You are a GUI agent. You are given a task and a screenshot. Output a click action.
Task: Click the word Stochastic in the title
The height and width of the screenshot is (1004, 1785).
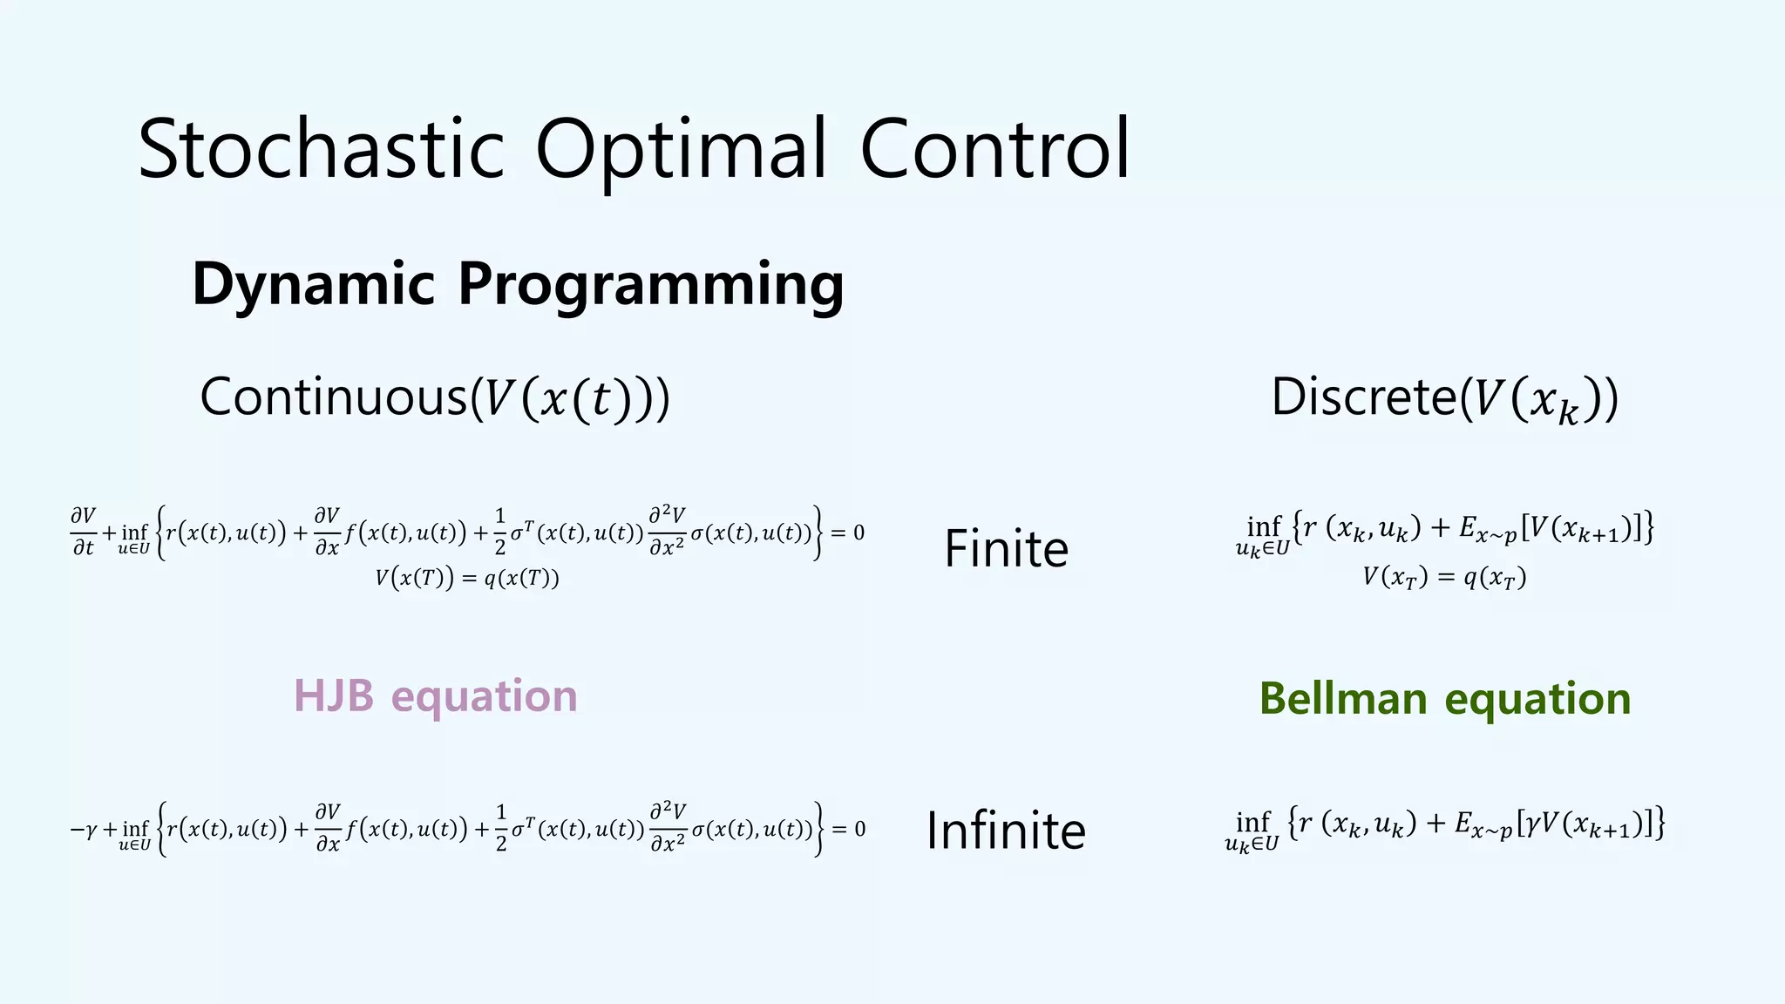point(321,149)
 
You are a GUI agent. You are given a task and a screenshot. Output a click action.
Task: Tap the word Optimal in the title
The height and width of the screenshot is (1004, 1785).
point(680,149)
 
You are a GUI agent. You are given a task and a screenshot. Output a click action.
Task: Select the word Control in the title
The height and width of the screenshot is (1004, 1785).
point(994,149)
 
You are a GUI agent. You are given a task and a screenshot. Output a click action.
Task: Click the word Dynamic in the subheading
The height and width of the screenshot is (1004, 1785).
point(313,284)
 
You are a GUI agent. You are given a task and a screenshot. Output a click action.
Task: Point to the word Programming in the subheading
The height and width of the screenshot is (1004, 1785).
point(650,284)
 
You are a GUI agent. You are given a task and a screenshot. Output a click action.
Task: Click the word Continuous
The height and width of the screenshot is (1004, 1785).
point(334,397)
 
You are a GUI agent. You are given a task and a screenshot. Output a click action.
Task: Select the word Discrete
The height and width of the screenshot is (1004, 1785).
point(1363,397)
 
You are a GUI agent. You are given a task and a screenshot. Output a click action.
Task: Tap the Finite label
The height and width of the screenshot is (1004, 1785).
point(1006,548)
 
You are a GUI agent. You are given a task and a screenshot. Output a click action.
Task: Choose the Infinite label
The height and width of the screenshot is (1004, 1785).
point(1006,830)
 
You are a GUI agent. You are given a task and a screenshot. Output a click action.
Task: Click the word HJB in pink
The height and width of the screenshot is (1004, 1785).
point(334,695)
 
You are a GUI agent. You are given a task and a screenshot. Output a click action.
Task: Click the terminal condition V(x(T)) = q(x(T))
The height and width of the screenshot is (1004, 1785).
point(467,578)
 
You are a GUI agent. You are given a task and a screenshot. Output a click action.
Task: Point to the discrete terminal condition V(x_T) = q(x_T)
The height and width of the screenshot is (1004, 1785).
point(1444,578)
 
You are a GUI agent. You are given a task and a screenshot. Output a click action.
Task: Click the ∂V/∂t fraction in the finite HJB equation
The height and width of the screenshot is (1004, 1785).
point(84,532)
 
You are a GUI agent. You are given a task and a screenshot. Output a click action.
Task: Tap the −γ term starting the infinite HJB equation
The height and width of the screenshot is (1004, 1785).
point(84,829)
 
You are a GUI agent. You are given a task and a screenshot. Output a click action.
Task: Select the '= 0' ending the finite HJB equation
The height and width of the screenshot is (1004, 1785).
point(847,533)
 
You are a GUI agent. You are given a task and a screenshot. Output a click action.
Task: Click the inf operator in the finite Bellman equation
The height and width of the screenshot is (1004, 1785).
point(1263,528)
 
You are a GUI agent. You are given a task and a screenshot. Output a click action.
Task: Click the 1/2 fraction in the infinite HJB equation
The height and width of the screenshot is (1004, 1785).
point(501,829)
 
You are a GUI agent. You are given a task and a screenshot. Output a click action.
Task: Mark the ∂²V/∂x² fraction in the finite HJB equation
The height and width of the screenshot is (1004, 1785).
point(667,532)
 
